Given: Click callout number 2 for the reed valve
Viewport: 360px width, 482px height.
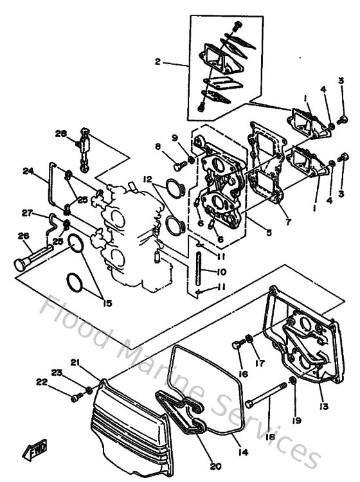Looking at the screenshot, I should [156, 63].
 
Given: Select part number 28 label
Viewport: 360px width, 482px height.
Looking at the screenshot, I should [61, 134].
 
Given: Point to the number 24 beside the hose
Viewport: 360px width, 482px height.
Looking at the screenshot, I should [28, 172].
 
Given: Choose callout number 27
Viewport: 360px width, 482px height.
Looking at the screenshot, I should [28, 213].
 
